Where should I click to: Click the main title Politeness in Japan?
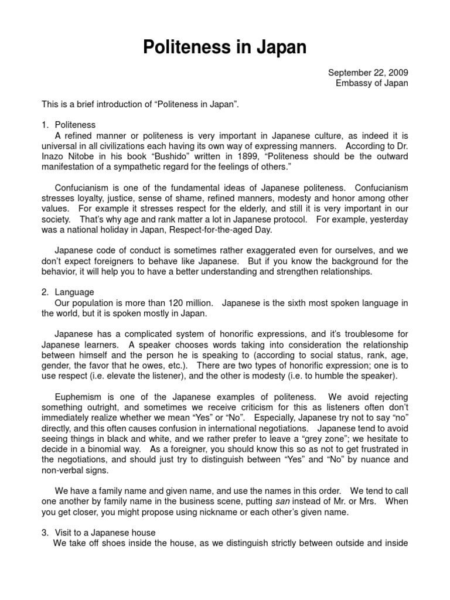pyautogui.click(x=225, y=47)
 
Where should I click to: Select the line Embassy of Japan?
pyautogui.click(x=372, y=83)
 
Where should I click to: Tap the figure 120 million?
pyautogui.click(x=185, y=302)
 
